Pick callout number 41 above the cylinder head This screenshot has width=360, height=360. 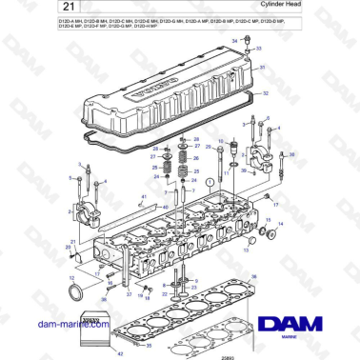tap(142, 197)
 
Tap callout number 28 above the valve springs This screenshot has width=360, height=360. tap(196, 139)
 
